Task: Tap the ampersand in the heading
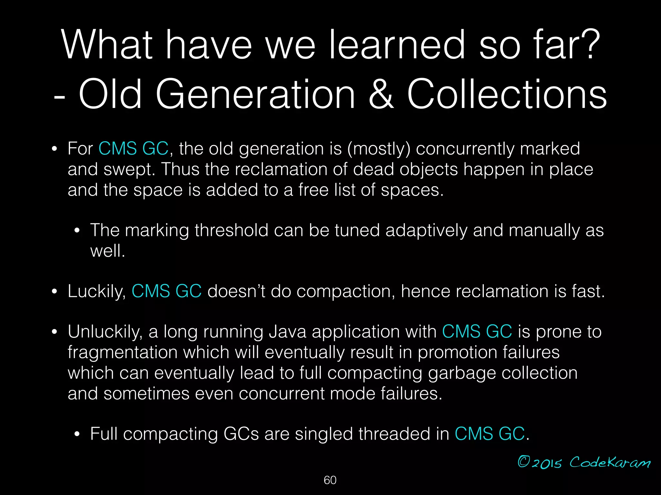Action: [x=381, y=94]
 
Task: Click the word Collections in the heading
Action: [x=507, y=94]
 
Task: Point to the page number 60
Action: [x=330, y=480]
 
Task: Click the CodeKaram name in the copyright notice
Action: [x=610, y=462]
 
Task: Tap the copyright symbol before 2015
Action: [x=524, y=462]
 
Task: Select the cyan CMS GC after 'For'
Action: [x=133, y=149]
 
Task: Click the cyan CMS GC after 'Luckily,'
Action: [x=167, y=291]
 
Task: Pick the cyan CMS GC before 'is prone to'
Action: [x=477, y=332]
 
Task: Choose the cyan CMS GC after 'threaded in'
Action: [x=490, y=434]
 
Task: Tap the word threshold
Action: [x=231, y=230]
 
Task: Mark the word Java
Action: [x=288, y=332]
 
